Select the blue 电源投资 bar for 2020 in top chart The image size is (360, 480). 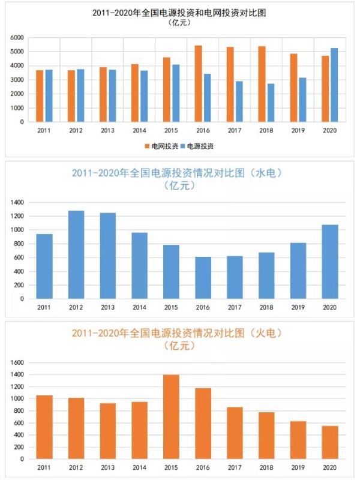(335, 85)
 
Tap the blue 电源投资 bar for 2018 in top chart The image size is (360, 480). (271, 103)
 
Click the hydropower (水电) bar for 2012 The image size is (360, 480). (76, 254)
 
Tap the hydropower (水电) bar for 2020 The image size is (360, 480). (330, 262)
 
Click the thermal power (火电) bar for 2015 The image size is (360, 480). (171, 417)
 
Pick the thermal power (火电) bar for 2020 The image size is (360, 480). (330, 442)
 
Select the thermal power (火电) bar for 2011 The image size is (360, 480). (44, 427)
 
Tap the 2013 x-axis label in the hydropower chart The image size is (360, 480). (108, 307)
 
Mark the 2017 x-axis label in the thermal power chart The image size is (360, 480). (235, 467)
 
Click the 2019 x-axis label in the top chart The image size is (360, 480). (298, 130)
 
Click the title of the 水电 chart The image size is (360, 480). (177, 173)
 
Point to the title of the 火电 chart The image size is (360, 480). (177, 332)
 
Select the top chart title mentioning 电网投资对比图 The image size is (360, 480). (179, 12)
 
